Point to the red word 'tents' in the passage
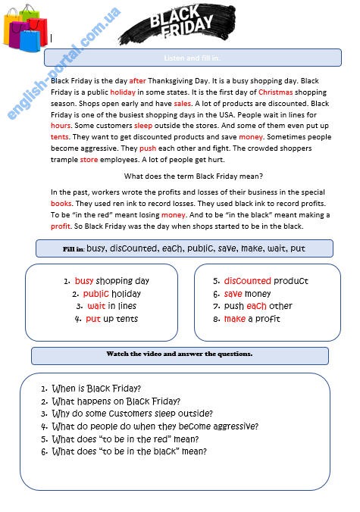60,137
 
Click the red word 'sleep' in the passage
142,126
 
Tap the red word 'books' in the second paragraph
61,204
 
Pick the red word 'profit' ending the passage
61,226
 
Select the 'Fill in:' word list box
184,248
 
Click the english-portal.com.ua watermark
64,65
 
